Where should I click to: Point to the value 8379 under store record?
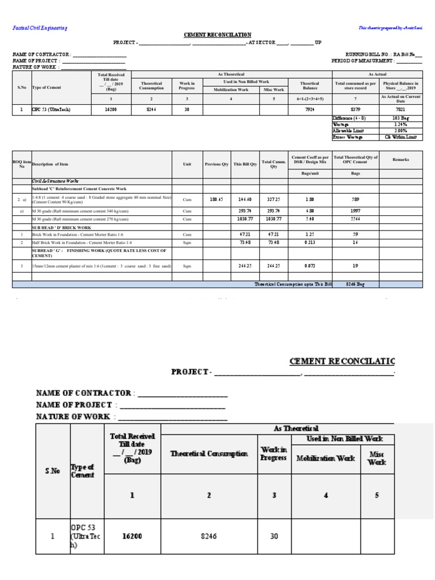point(355,109)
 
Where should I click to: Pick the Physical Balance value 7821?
point(400,109)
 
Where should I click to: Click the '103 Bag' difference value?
point(400,118)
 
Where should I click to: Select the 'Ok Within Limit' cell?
point(400,137)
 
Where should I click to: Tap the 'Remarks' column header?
point(400,160)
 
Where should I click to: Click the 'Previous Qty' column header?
point(216,164)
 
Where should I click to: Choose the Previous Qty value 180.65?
point(216,199)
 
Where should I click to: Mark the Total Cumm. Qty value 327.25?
point(274,199)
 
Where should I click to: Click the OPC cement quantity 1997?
point(355,210)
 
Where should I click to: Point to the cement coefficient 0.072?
point(310,265)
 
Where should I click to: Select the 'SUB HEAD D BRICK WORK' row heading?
point(62,227)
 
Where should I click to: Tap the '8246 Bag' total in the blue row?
point(355,284)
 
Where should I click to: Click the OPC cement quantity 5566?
point(355,219)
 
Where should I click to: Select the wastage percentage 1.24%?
point(400,124)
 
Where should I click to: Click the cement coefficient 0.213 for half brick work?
point(310,242)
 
